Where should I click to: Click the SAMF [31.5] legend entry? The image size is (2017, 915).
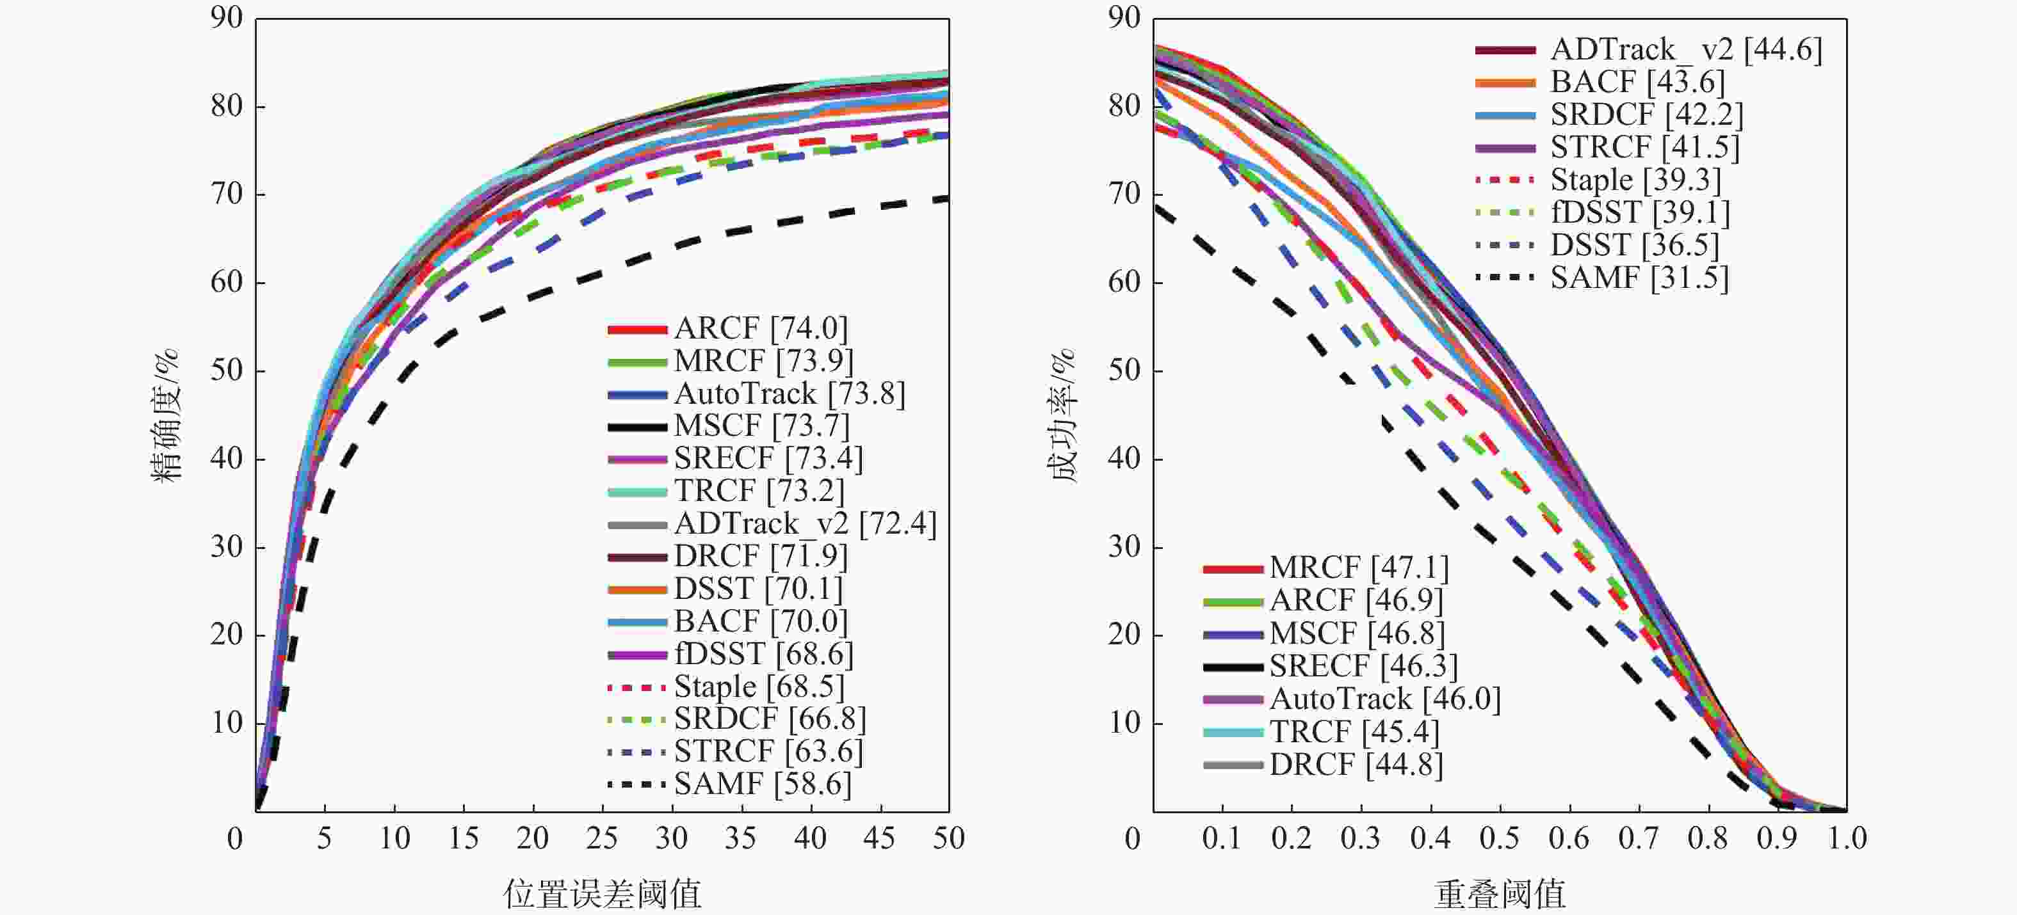pyautogui.click(x=1639, y=278)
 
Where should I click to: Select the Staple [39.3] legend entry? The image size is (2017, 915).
pyautogui.click(x=1635, y=180)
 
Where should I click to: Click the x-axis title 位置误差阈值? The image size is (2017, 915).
pyautogui.click(x=601, y=893)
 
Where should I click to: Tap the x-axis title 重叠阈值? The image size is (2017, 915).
pyautogui.click(x=1500, y=893)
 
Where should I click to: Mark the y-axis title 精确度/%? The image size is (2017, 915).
pyautogui.click(x=166, y=415)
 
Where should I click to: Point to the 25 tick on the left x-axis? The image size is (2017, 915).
pyautogui.click(x=601, y=839)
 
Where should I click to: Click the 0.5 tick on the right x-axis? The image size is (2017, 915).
pyautogui.click(x=1500, y=839)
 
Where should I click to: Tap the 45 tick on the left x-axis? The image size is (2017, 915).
pyautogui.click(x=879, y=839)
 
